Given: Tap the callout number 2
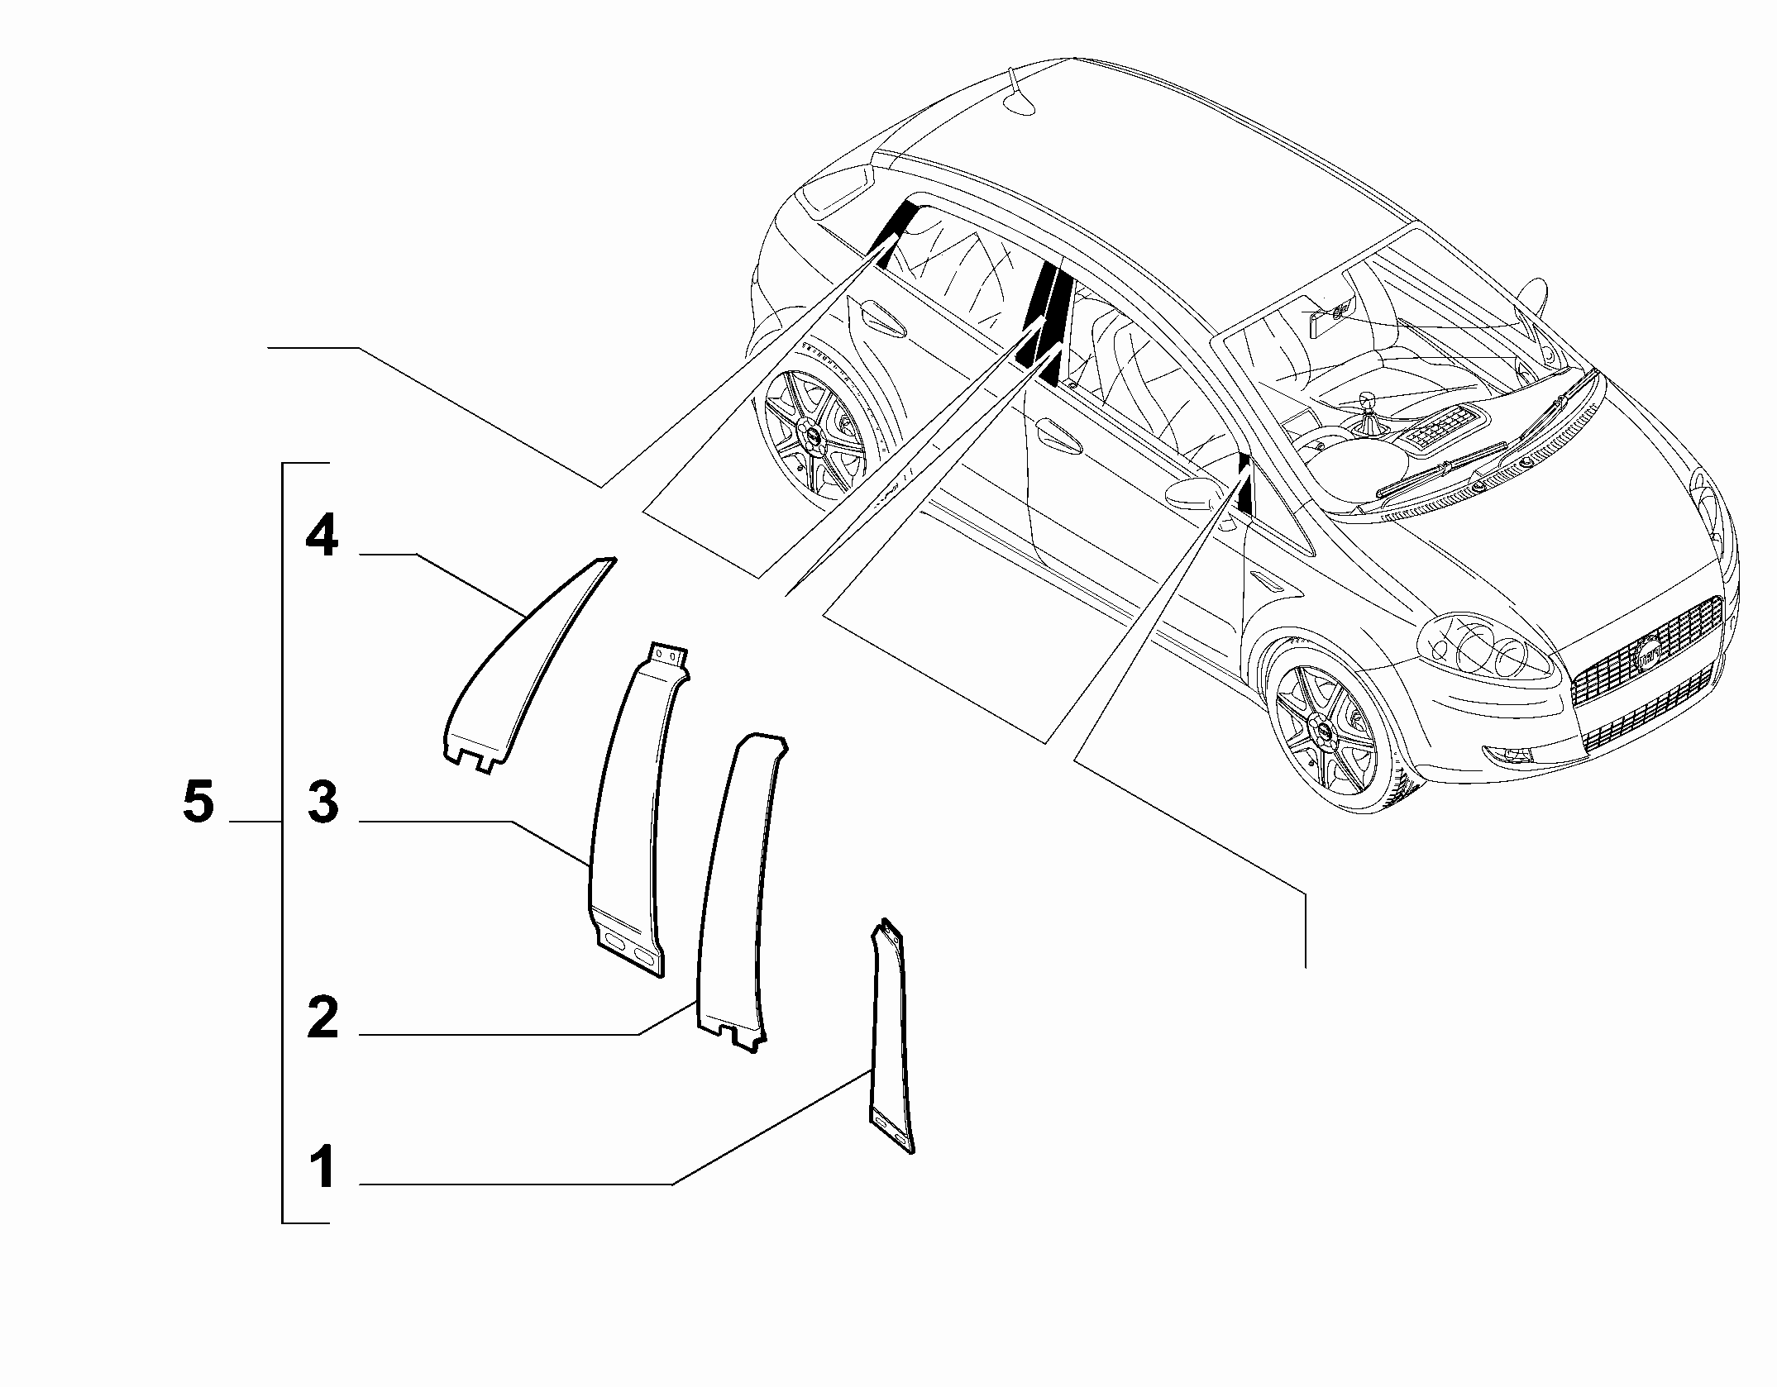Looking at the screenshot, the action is click(322, 1018).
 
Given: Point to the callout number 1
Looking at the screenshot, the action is click(322, 1168).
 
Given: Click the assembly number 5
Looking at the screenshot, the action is click(198, 803).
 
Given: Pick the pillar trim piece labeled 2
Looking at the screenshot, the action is click(740, 893).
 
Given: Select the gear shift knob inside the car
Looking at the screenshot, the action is click(1366, 402).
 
